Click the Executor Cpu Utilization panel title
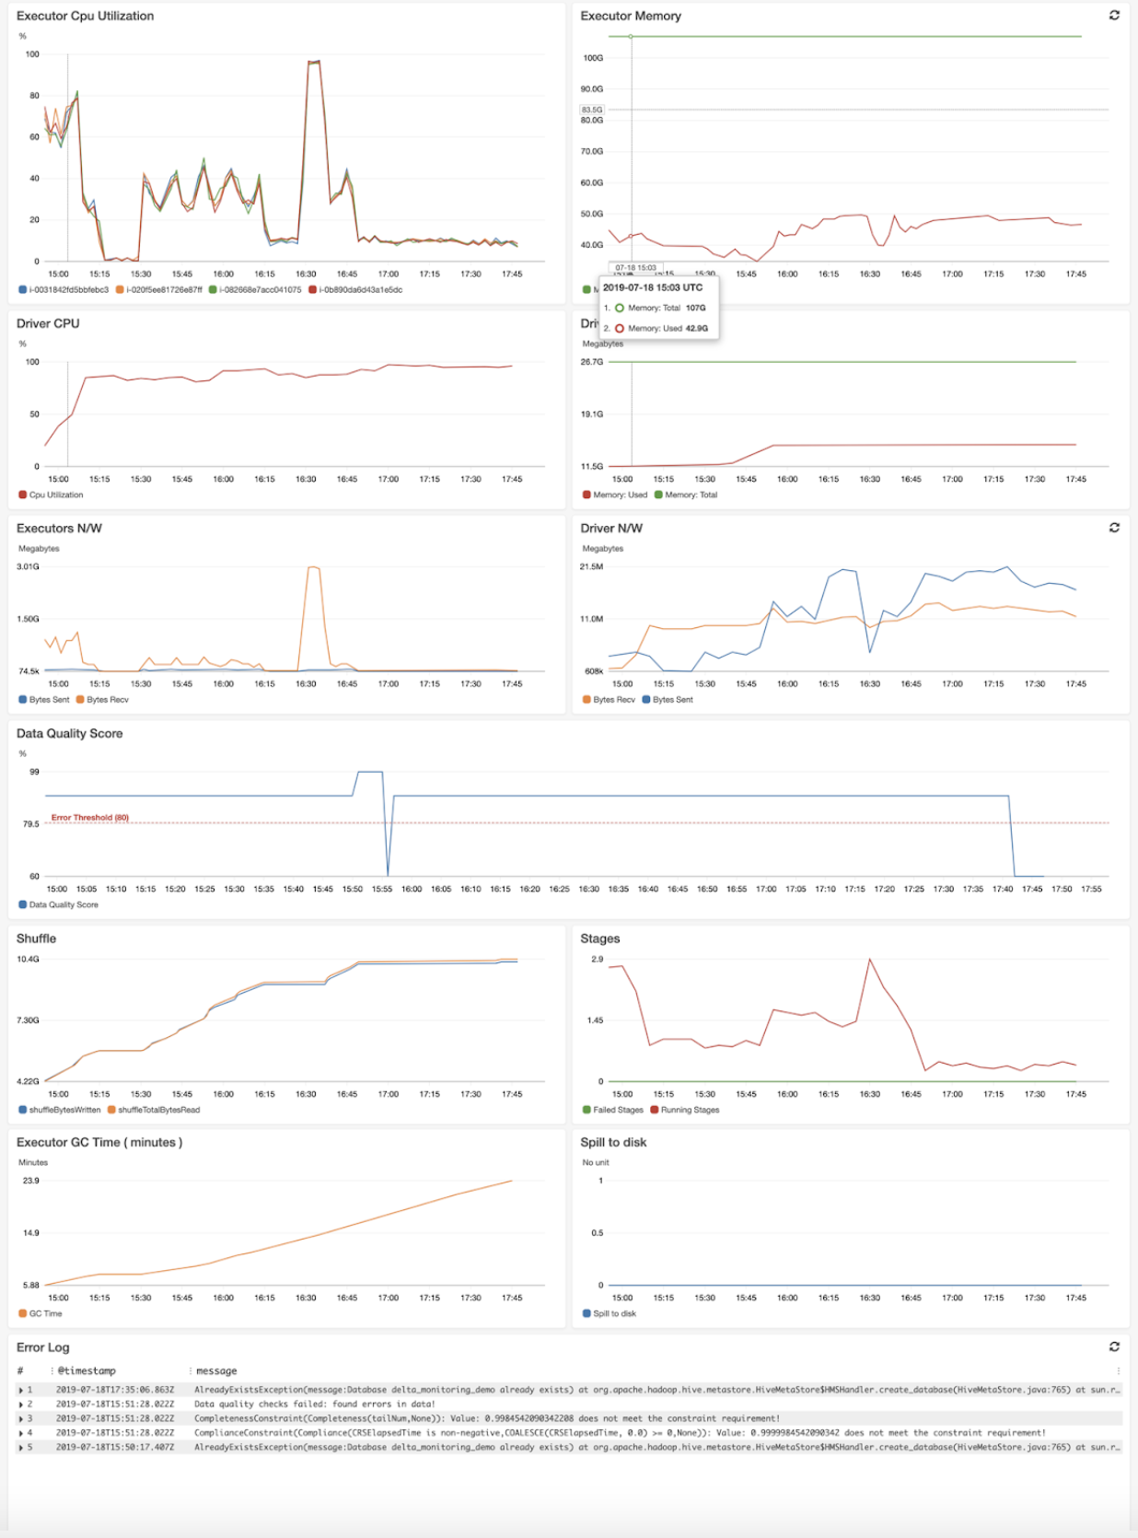tap(85, 16)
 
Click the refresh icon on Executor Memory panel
tap(1114, 15)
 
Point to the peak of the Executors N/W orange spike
tap(313, 567)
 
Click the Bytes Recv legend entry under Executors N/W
tap(107, 700)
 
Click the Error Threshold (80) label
tap(89, 817)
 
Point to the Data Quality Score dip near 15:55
tap(388, 874)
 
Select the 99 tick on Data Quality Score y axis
tap(34, 772)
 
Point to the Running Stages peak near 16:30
tap(869, 960)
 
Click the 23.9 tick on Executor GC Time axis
tap(31, 1181)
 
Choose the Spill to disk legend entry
tap(614, 1313)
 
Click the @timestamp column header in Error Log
tap(87, 1370)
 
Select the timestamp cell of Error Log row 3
tap(114, 1418)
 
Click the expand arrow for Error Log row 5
tap(21, 1448)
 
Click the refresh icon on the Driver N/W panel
tap(1114, 527)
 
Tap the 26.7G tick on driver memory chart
tap(592, 362)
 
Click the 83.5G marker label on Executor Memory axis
tap(592, 110)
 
